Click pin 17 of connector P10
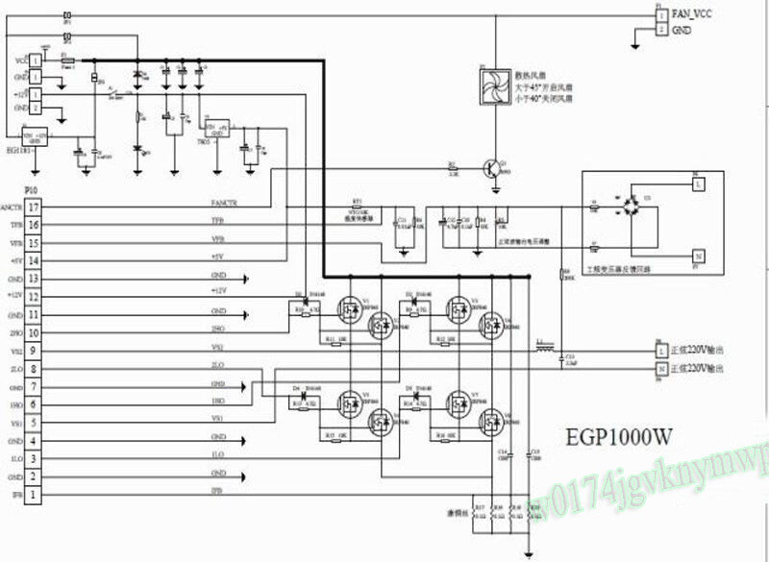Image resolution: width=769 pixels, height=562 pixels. pyautogui.click(x=33, y=207)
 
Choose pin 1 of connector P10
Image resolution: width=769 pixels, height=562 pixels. pyautogui.click(x=33, y=494)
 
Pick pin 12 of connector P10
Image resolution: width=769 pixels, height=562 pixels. pyautogui.click(x=33, y=296)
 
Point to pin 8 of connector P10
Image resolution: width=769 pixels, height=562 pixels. pyautogui.click(x=33, y=368)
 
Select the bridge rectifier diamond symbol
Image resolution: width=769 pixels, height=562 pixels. pyautogui.click(x=630, y=207)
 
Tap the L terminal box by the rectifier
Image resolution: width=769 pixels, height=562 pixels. pyautogui.click(x=699, y=182)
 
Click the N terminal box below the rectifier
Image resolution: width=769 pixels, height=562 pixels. pyautogui.click(x=699, y=256)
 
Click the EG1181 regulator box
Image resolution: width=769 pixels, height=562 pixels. pyautogui.click(x=35, y=139)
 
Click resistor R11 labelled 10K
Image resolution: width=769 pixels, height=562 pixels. pyautogui.click(x=337, y=341)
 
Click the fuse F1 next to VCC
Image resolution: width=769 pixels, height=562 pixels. pyautogui.click(x=68, y=59)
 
